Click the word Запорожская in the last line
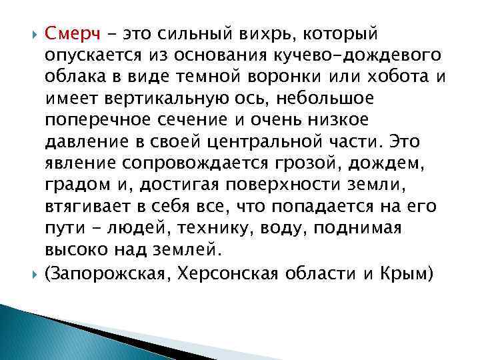[x=111, y=273]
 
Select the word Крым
[x=409, y=273]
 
